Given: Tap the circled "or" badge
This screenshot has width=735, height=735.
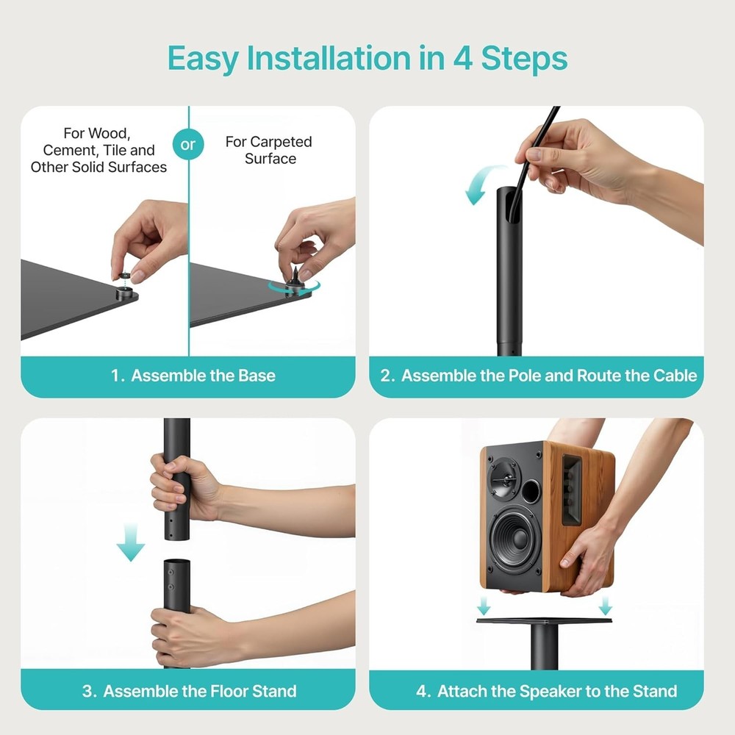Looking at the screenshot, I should (188, 144).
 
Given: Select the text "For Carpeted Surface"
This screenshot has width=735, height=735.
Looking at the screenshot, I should (269, 150).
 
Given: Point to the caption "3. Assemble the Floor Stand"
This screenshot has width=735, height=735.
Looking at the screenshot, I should (189, 691).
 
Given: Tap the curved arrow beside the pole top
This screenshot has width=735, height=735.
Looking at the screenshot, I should (478, 184).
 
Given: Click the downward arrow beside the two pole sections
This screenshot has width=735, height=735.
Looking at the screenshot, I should (131, 543).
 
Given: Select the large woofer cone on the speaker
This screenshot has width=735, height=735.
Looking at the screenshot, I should (515, 539).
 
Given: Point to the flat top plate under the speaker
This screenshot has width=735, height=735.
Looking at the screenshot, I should (544, 620).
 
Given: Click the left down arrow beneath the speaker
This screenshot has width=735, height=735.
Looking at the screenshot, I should (483, 606).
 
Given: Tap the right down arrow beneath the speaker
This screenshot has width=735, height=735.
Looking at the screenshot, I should (605, 606).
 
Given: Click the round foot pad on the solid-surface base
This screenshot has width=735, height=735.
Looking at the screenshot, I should (124, 293).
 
